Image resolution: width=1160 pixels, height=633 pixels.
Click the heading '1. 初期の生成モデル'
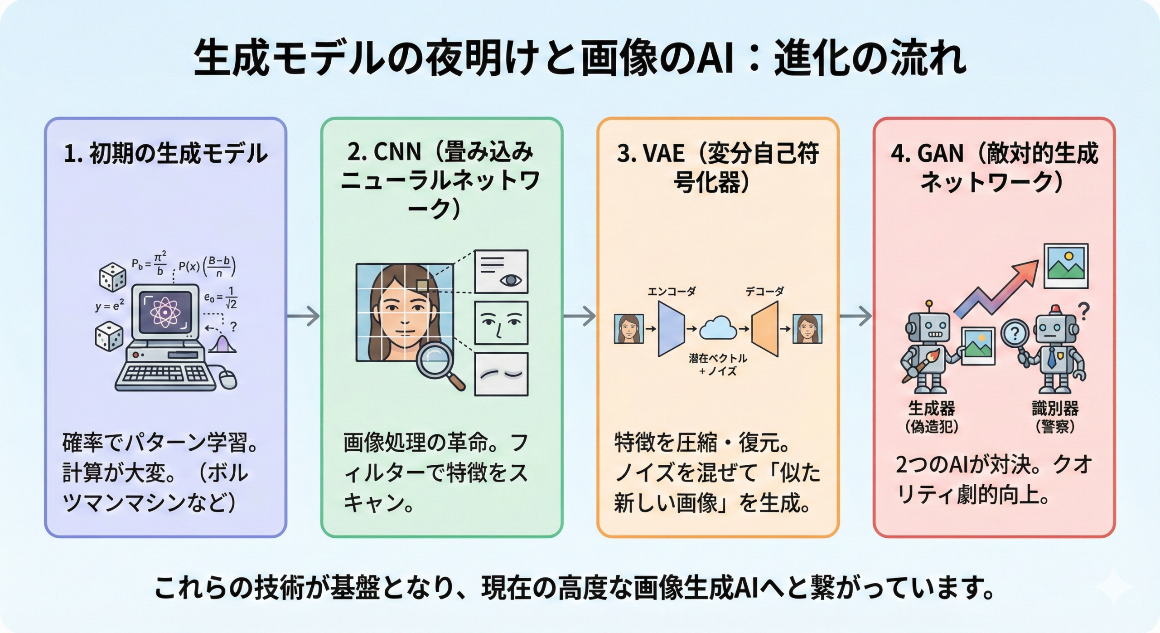point(165,153)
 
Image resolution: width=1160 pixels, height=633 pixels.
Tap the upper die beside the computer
point(112,277)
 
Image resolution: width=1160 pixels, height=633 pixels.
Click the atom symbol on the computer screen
point(165,312)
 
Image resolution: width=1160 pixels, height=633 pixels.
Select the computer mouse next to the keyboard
point(228,379)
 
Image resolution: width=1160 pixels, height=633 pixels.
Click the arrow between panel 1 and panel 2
point(304,316)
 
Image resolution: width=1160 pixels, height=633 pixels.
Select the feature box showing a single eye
point(501,271)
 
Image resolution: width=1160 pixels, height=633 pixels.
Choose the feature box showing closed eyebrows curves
point(501,374)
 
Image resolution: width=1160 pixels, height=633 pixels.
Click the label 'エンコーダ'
point(671,291)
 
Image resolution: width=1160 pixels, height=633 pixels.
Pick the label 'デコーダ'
point(765,291)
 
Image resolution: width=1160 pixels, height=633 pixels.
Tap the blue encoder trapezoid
point(671,329)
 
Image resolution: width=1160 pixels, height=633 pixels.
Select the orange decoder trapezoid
point(765,329)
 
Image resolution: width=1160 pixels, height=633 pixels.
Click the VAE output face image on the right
point(807,329)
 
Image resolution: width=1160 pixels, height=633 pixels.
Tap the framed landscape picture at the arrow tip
point(1066,266)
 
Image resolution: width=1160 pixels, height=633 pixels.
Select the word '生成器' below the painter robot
point(932,408)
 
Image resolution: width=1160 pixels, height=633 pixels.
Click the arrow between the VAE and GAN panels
point(855,316)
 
